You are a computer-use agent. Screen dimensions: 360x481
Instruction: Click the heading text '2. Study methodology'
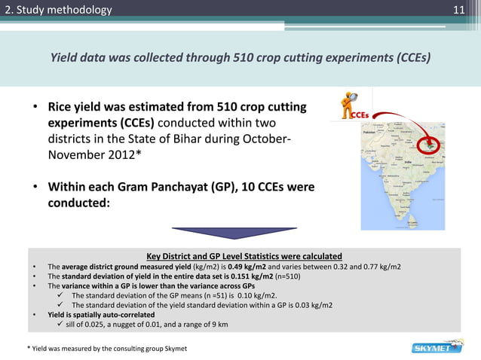click(x=57, y=10)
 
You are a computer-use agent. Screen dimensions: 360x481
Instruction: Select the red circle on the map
click(x=432, y=142)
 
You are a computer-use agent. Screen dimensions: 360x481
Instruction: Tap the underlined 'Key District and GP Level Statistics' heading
click(x=244, y=255)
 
